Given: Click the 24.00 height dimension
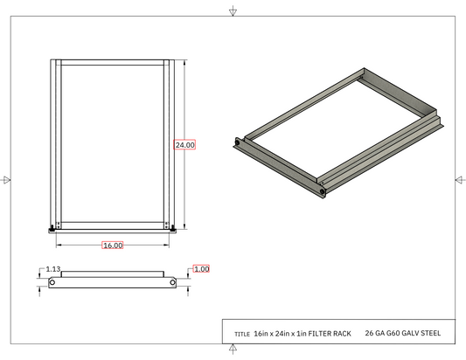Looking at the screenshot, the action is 184,145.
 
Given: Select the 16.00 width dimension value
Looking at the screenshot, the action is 113,246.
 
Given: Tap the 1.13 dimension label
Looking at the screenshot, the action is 53,269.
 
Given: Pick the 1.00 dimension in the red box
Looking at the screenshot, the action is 201,269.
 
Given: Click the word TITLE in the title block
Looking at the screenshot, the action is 242,334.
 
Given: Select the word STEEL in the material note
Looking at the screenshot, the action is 431,333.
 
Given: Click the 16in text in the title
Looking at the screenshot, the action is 261,334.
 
